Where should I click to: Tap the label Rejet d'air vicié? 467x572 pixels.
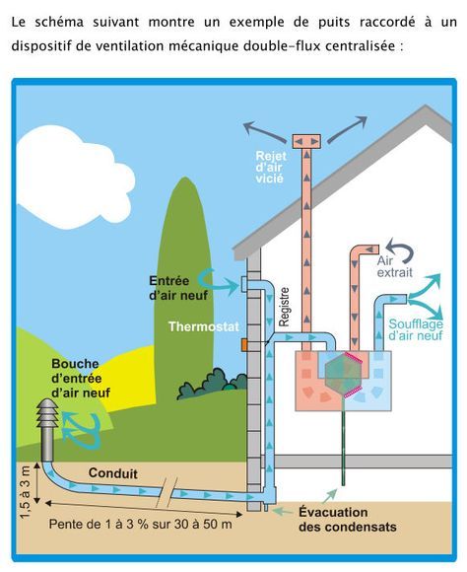point(271,167)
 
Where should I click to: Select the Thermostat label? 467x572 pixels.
point(203,326)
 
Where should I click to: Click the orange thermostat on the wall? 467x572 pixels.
point(244,345)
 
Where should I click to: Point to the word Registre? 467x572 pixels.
point(284,307)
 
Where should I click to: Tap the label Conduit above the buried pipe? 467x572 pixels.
point(112,473)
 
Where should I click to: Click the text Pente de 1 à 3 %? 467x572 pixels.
point(99,525)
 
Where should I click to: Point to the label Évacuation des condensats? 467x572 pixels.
point(348,520)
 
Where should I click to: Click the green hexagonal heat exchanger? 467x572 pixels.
point(343,375)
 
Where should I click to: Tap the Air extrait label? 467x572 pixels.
point(394,266)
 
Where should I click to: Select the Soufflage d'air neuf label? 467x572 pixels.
point(416,329)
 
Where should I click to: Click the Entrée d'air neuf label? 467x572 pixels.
point(178,288)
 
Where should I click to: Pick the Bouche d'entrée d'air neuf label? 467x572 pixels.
point(81,378)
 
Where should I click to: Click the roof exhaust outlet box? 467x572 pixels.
point(306,141)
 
